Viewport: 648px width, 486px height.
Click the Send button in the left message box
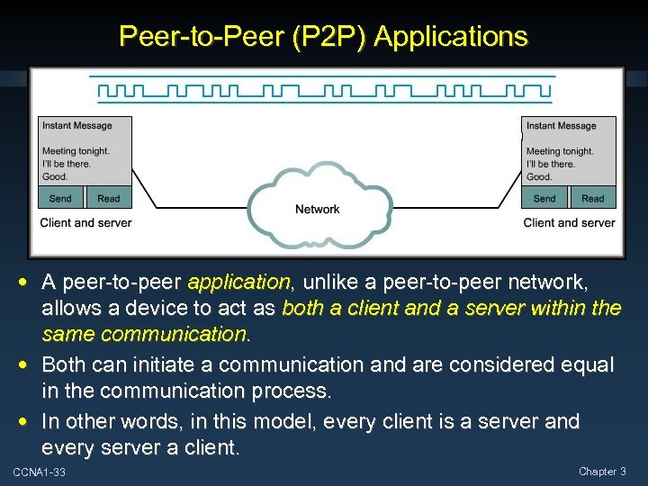[61, 198]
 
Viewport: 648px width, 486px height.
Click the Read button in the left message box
[109, 198]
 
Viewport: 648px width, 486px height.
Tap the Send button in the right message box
[544, 198]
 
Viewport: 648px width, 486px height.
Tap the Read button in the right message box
[593, 198]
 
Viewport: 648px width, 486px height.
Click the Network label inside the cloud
[318, 209]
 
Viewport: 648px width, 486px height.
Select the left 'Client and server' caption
[85, 222]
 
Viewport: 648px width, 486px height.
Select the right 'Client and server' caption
[569, 222]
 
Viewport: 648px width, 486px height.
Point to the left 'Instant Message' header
[77, 126]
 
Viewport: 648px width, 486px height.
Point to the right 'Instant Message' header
[562, 126]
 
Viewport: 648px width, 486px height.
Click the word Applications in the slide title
[451, 37]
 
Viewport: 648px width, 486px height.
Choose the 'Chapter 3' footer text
[602, 472]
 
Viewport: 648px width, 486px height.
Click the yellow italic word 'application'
[238, 283]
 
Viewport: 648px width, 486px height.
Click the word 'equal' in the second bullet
[585, 364]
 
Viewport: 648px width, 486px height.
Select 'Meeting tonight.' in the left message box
[76, 151]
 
